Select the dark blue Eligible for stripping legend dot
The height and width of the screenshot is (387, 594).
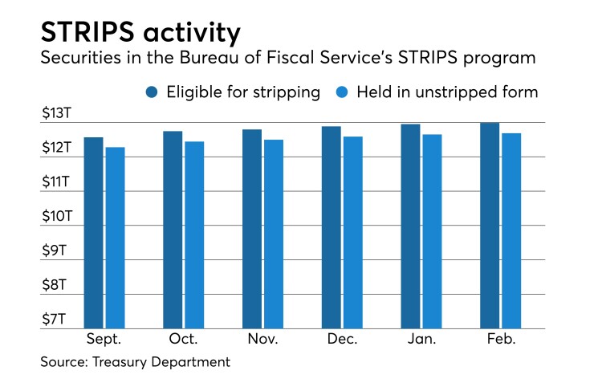pyautogui.click(x=152, y=92)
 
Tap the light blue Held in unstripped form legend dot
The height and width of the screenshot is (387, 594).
pyautogui.click(x=340, y=92)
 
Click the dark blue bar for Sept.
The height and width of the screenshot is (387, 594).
pyautogui.click(x=94, y=233)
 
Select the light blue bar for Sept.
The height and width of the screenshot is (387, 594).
pyautogui.click(x=115, y=238)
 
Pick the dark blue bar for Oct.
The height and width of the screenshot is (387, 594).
pyautogui.click(x=173, y=230)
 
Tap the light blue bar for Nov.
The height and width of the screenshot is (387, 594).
pyautogui.click(x=274, y=234)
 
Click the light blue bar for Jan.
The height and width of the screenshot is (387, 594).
pyautogui.click(x=432, y=231)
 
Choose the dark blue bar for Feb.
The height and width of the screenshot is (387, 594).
pyautogui.click(x=490, y=226)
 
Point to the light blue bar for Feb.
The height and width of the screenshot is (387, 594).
pyautogui.click(x=511, y=230)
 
